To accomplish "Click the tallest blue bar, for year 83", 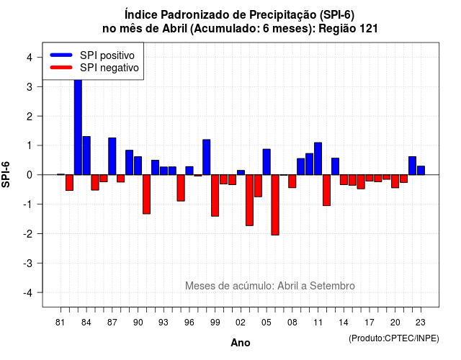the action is [x=78, y=127].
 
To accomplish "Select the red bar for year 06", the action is [x=275, y=204].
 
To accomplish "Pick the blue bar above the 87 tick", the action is [x=112, y=156].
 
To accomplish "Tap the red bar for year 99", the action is [x=215, y=195].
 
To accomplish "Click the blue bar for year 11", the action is [x=318, y=158].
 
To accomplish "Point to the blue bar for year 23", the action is [x=421, y=171].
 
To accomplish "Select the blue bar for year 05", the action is [x=267, y=162].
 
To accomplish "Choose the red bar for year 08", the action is [x=292, y=181].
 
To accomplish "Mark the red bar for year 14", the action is [x=344, y=179].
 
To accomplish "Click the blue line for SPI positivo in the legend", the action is [x=61, y=55].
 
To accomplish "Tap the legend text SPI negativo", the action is [x=109, y=68].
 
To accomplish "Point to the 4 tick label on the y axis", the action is [x=30, y=58].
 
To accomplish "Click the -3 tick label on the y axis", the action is [x=27, y=264].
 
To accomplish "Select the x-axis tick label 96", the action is [x=189, y=323].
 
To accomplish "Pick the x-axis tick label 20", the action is [x=395, y=323].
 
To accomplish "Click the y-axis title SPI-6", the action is [x=6, y=174].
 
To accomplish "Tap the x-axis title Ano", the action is [x=241, y=343].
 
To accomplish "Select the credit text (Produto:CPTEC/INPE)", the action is [x=394, y=338].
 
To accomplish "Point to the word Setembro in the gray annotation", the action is [x=332, y=286].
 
